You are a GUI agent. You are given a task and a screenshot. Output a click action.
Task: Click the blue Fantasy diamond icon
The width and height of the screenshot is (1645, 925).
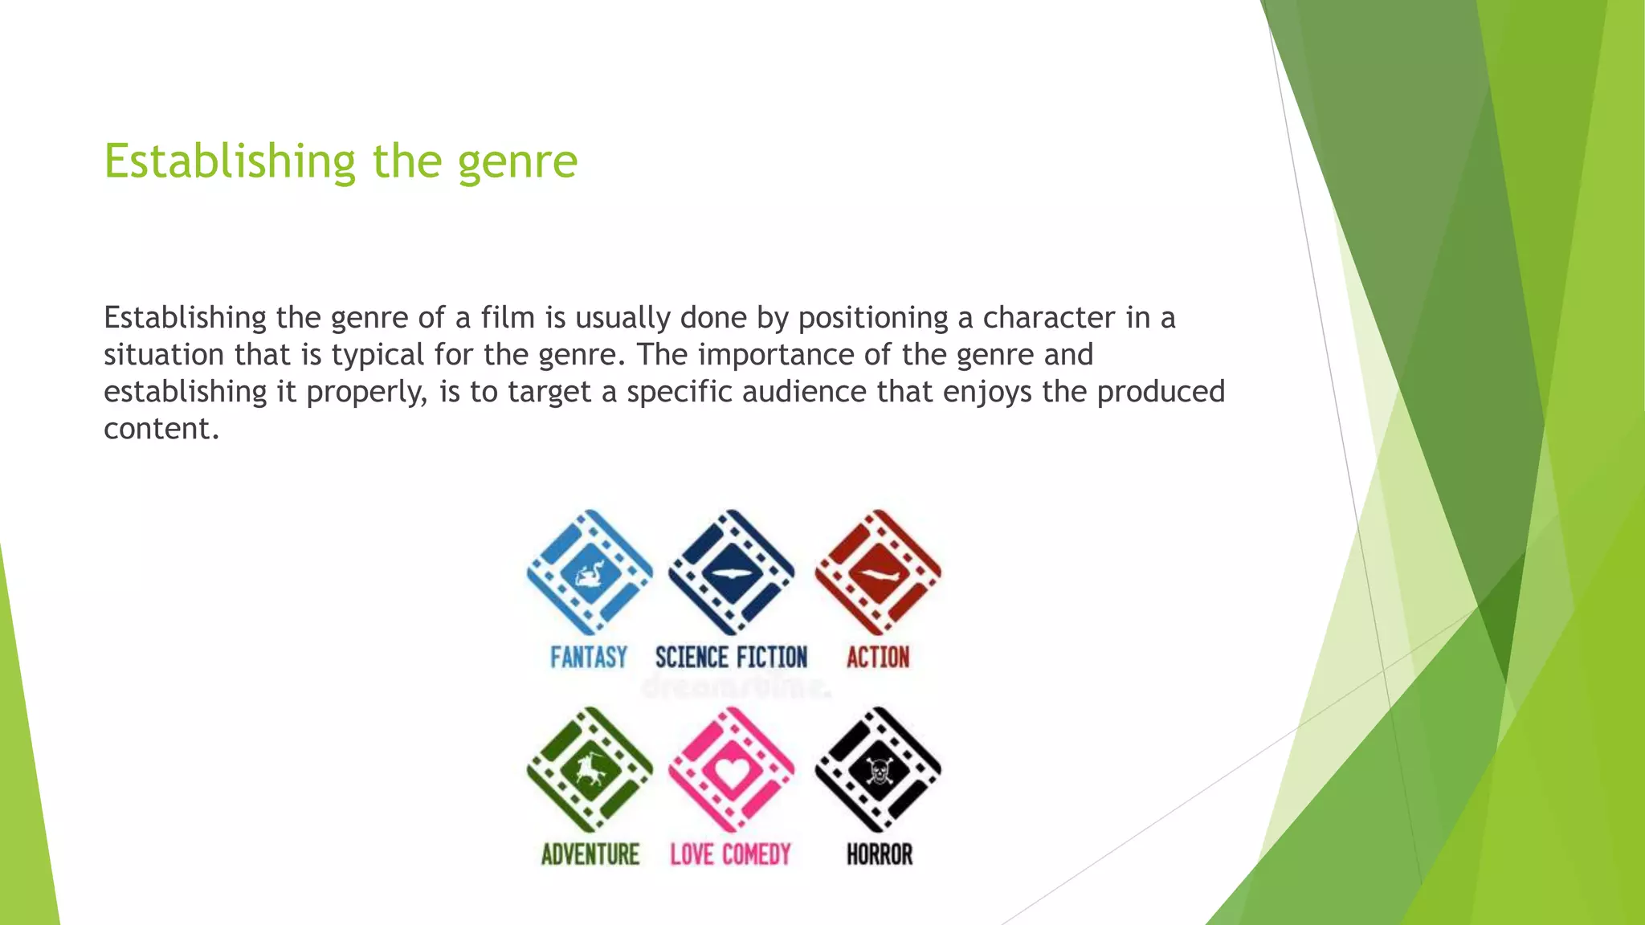click(x=590, y=573)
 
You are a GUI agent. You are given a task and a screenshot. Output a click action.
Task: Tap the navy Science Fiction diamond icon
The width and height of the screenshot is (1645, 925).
click(x=731, y=573)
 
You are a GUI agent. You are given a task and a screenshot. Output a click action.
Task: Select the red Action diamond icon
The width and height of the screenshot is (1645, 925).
click(x=878, y=573)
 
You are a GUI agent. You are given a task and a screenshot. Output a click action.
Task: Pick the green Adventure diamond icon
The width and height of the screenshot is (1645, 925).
click(x=590, y=770)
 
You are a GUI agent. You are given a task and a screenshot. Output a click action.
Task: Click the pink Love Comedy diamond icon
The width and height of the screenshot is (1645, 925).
click(x=731, y=770)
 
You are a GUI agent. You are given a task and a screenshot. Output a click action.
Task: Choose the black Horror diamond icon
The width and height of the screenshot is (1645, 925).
click(x=878, y=770)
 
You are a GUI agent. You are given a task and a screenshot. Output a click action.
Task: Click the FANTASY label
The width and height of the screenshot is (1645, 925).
click(x=589, y=658)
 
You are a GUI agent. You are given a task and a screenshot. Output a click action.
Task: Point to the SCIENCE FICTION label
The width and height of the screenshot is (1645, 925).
click(x=731, y=658)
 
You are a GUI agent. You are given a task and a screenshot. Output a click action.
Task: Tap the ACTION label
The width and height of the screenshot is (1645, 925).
click(x=878, y=658)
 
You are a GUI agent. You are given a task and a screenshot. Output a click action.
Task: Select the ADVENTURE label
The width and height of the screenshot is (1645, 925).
click(x=590, y=854)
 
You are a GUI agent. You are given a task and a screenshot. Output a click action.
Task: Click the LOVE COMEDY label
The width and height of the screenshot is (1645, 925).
click(x=731, y=854)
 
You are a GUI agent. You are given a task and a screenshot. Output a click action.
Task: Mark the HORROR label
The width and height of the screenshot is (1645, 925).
click(x=880, y=854)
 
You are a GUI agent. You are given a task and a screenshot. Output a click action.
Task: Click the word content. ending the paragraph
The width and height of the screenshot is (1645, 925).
click(x=161, y=429)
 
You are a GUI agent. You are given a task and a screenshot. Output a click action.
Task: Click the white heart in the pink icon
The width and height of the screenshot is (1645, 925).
click(x=732, y=772)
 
